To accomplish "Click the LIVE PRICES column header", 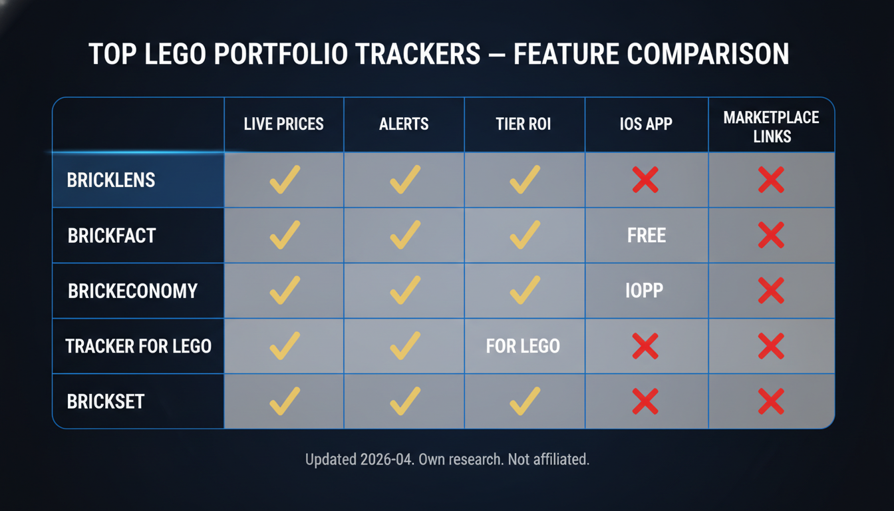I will [x=283, y=124].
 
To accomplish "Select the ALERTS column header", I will [x=404, y=124].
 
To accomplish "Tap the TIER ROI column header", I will [x=523, y=124].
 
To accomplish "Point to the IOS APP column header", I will [x=646, y=124].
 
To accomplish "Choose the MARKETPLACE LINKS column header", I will [x=771, y=126].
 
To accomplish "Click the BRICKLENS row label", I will [x=111, y=180].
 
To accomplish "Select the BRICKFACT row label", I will [x=112, y=236].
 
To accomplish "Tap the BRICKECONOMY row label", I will [x=132, y=291].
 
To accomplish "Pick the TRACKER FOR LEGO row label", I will [x=138, y=346].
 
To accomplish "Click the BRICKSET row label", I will [x=106, y=401].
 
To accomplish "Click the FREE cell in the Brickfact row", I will [x=646, y=236].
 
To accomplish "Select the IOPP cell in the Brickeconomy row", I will [x=644, y=291].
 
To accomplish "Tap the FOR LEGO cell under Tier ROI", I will [x=523, y=346].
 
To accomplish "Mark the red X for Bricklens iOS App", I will [x=645, y=180].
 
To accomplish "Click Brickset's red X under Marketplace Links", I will [x=771, y=401].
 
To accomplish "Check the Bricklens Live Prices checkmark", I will [x=284, y=180].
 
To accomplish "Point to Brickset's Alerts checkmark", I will [x=404, y=401].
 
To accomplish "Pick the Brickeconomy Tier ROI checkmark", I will [x=524, y=291].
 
